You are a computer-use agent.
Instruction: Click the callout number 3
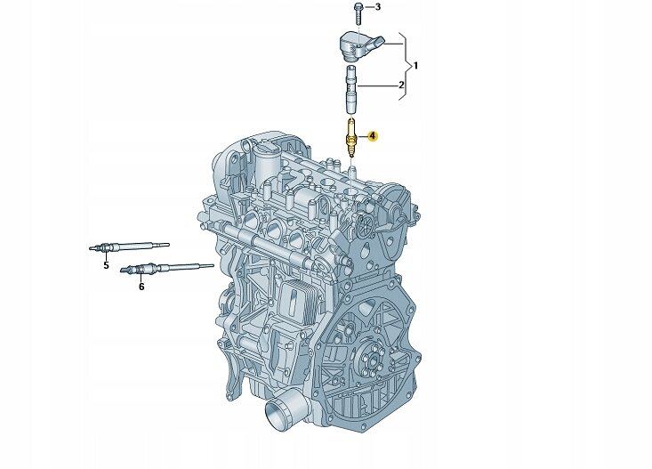tap(377, 6)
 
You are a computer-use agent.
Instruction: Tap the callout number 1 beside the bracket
tap(415, 66)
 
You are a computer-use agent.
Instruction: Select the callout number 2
tap(401, 85)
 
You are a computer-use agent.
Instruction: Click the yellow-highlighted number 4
tap(373, 136)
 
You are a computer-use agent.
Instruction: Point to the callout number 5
tap(106, 265)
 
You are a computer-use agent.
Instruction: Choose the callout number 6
tap(141, 287)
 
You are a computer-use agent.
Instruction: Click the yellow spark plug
tap(351, 138)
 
